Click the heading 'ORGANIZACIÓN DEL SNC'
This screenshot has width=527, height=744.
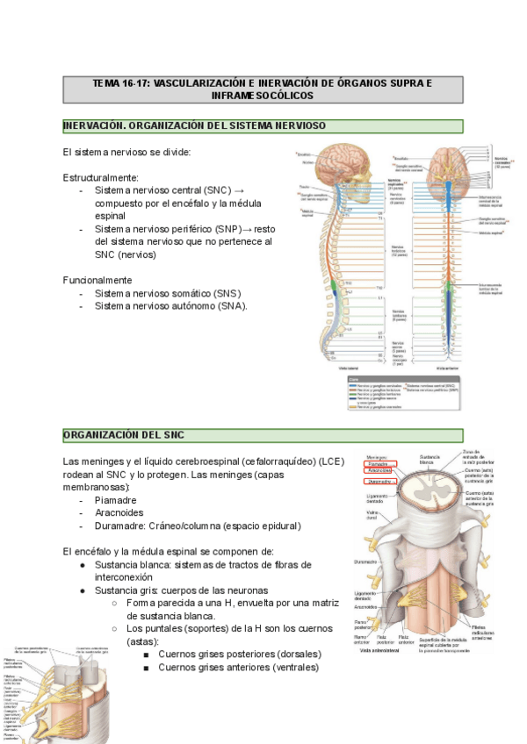tap(124, 435)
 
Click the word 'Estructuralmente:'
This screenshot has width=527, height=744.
tap(101, 177)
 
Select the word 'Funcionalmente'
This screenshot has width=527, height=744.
tap(97, 280)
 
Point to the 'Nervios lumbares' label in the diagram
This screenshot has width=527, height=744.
tap(400, 313)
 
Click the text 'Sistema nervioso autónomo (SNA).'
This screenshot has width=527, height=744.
tap(171, 306)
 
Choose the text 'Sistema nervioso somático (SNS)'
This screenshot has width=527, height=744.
tap(168, 293)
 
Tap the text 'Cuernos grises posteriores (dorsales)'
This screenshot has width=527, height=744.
tap(240, 655)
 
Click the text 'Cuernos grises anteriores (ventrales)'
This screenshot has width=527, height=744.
tap(238, 667)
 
